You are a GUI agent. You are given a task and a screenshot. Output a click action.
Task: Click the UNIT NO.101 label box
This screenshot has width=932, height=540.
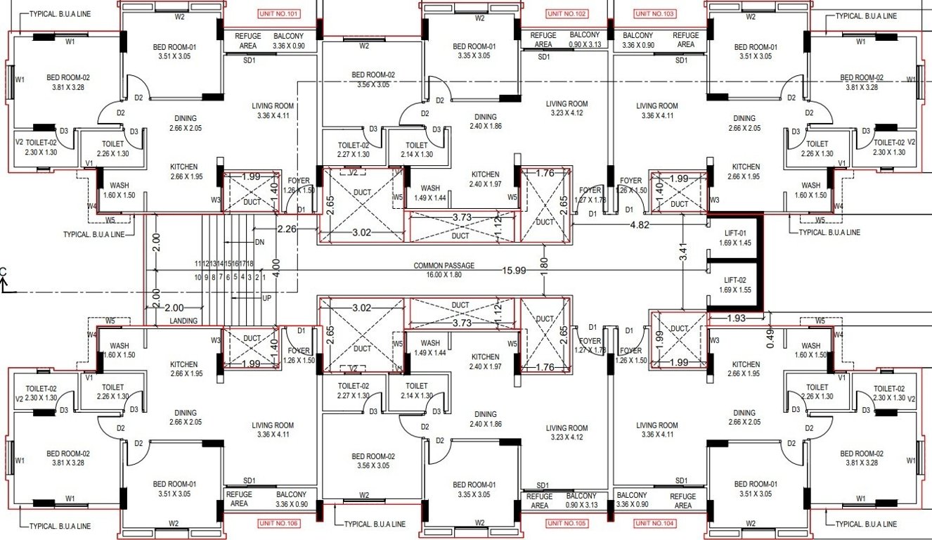coord(279,14)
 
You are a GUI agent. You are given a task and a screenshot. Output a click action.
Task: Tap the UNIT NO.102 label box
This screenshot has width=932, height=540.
coord(567,14)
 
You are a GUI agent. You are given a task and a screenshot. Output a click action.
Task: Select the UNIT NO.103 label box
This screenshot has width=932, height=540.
coord(655,14)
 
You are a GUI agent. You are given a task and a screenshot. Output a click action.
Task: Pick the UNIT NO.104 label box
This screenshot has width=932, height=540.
coord(655,523)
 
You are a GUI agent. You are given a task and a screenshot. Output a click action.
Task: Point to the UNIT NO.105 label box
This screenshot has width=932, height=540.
coord(567,523)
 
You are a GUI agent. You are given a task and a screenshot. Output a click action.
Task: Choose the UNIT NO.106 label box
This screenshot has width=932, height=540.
coord(279,523)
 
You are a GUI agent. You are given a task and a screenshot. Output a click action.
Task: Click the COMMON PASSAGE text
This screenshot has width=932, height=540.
coord(444,266)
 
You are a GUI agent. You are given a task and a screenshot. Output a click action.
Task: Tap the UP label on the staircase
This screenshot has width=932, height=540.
coord(266,298)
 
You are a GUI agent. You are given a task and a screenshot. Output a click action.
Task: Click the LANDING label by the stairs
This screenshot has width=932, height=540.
coord(183,321)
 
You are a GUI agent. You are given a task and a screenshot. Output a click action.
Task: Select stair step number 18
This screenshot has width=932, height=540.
coord(250,263)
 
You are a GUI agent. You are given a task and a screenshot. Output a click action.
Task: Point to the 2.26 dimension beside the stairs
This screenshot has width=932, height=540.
coord(287,229)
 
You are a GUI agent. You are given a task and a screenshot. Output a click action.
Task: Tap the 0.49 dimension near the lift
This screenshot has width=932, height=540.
coord(771,340)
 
